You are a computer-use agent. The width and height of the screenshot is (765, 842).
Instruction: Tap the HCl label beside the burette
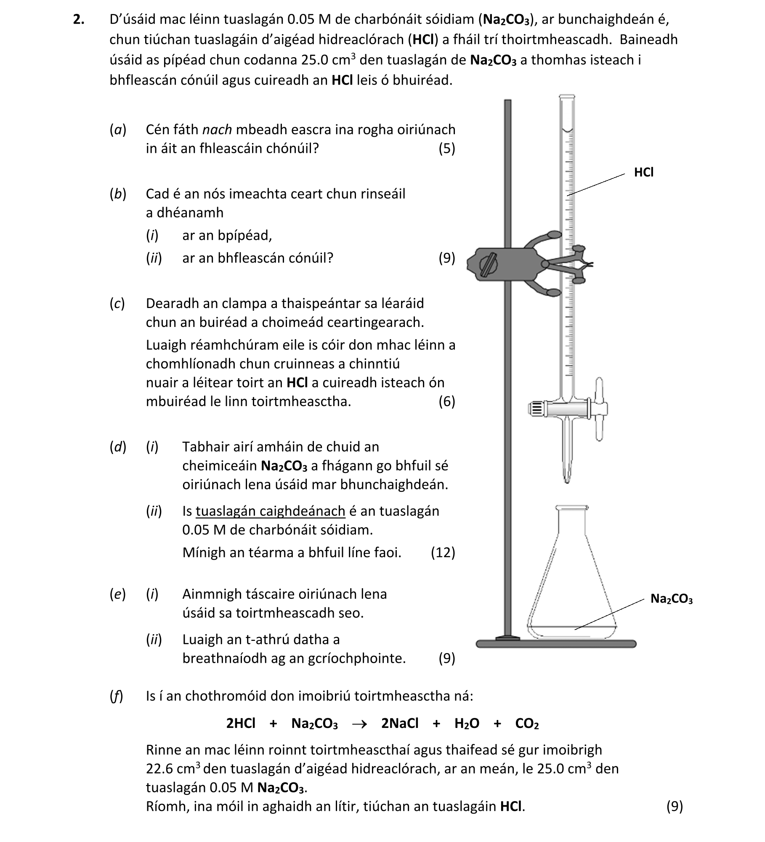[643, 173]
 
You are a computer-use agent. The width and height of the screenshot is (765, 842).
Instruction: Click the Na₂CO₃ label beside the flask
[671, 599]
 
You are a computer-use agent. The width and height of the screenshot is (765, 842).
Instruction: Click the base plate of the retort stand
[555, 644]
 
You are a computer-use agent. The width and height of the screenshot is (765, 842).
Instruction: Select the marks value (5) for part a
[446, 149]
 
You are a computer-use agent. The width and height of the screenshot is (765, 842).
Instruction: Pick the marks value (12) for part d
[443, 552]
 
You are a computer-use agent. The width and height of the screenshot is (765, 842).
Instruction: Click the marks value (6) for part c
[446, 401]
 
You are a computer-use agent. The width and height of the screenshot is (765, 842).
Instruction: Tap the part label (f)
[116, 696]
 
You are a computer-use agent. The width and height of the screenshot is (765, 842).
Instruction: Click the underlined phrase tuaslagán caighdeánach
[270, 511]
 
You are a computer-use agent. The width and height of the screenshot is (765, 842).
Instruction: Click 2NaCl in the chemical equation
[399, 723]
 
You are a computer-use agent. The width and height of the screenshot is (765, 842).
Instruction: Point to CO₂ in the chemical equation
[526, 724]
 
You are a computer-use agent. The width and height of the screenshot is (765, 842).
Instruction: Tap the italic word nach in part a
[217, 130]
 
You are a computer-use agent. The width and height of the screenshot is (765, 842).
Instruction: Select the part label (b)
[118, 194]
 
